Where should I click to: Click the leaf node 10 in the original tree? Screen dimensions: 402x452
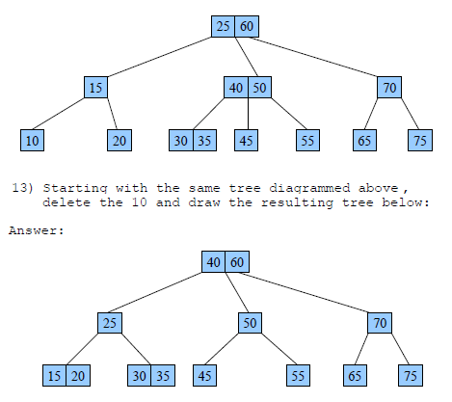tap(33, 140)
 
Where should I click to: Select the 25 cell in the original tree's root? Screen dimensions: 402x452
tap(224, 26)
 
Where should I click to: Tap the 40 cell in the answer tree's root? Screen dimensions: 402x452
tap(213, 261)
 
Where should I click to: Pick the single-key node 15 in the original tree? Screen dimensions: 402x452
tap(95, 88)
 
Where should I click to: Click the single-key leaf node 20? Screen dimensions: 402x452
tap(119, 140)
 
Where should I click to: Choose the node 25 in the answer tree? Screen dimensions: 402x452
tap(110, 323)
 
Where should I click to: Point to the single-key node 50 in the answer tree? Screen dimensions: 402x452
tap(249, 323)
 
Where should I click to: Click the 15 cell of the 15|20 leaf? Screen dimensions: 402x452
tap(55, 375)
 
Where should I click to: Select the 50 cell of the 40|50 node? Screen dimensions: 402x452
tap(259, 88)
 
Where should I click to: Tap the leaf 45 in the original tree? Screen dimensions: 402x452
tap(248, 140)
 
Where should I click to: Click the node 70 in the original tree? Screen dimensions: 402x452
tap(389, 88)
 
